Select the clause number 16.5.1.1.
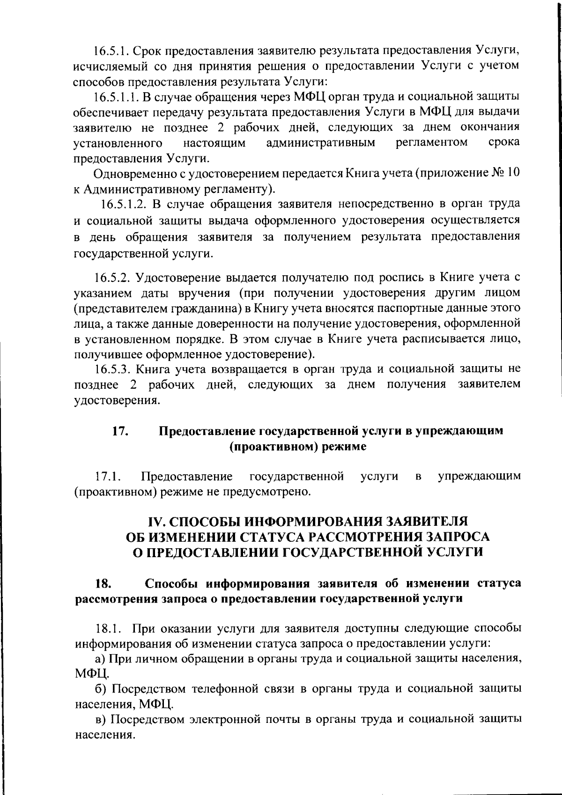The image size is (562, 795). tap(114, 97)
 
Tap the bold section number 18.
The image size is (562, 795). tap(104, 584)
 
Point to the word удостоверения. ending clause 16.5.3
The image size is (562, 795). tap(117, 400)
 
